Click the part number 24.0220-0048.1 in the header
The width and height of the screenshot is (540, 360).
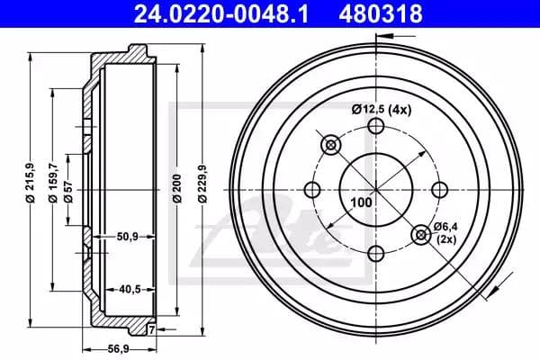pyautogui.click(x=220, y=13)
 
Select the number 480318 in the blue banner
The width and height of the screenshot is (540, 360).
pyautogui.click(x=381, y=13)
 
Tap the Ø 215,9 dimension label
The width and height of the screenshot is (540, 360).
pyautogui.click(x=31, y=182)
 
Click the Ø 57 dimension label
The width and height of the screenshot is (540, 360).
pyautogui.click(x=68, y=191)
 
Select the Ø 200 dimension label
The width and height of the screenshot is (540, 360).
pyautogui.click(x=177, y=188)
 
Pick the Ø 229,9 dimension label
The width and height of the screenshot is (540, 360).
pyautogui.click(x=203, y=184)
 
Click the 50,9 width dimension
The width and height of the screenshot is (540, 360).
pyautogui.click(x=128, y=237)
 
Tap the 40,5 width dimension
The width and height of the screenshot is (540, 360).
pyautogui.click(x=130, y=290)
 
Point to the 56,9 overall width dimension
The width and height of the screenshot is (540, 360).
pyautogui.click(x=118, y=349)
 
